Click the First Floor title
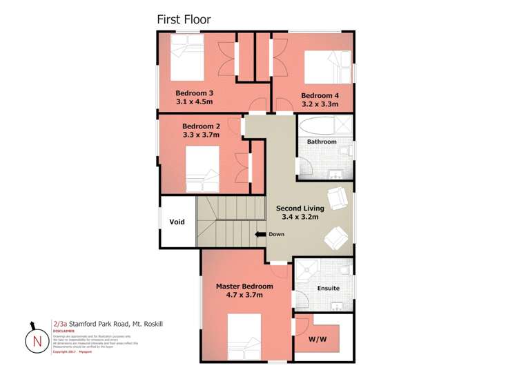pyautogui.click(x=184, y=19)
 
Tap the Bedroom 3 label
pyautogui.click(x=194, y=93)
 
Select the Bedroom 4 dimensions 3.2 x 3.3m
pyautogui.click(x=320, y=104)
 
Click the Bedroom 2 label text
pyautogui.click(x=201, y=126)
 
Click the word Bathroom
pyautogui.click(x=322, y=142)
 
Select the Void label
pyautogui.click(x=177, y=222)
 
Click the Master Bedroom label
pyautogui.click(x=244, y=286)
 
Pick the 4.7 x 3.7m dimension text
pyautogui.click(x=244, y=295)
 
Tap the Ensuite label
pyautogui.click(x=328, y=288)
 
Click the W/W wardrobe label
pyautogui.click(x=318, y=339)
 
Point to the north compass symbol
pyautogui.click(x=33, y=340)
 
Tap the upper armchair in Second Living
pyautogui.click(x=337, y=198)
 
